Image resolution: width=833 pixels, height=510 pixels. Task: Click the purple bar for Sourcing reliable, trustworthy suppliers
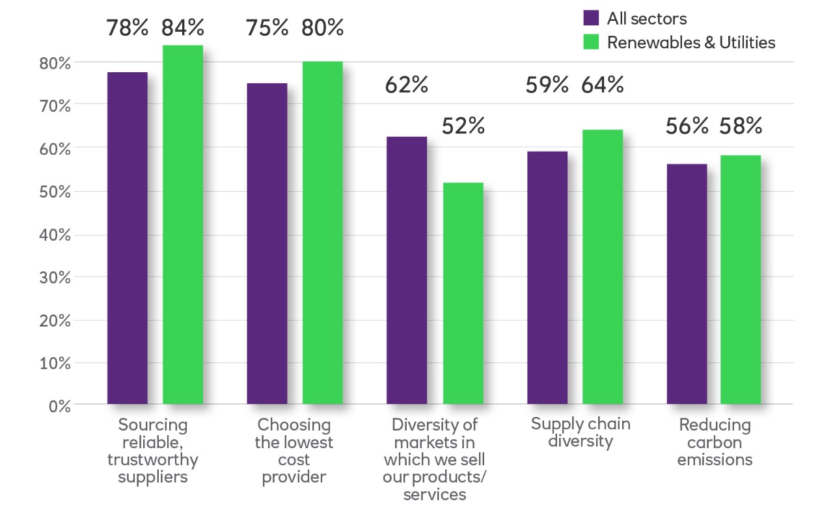128,238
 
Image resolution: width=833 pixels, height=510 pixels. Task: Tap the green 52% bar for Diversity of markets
463,293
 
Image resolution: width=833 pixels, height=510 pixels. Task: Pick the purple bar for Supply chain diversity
547,278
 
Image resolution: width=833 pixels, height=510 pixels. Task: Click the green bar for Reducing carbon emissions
741,280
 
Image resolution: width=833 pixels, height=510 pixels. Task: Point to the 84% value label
184,28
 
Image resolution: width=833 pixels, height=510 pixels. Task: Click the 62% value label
407,85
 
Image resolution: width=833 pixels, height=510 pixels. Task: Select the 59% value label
547,85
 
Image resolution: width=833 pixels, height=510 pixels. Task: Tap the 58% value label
741,126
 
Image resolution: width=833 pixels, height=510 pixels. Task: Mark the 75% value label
267,28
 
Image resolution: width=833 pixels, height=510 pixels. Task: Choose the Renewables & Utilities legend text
691,43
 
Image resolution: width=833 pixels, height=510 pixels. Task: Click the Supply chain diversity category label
580,433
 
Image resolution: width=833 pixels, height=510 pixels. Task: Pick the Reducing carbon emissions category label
715,442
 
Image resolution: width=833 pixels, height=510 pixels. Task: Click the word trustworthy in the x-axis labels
153,460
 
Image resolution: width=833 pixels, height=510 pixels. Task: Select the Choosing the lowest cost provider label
294,451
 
